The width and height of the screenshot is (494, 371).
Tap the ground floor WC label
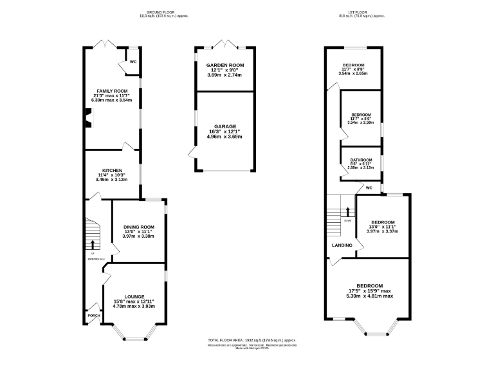(x=133, y=62)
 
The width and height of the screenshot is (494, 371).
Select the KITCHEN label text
(x=112, y=171)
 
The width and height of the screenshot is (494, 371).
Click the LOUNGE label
(x=134, y=297)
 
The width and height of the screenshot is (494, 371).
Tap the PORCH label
(x=94, y=316)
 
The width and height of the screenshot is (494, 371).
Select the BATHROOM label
(x=361, y=160)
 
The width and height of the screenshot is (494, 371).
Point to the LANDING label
(x=342, y=245)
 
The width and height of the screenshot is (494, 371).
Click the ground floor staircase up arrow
(x=94, y=244)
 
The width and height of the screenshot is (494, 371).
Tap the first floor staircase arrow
(x=347, y=211)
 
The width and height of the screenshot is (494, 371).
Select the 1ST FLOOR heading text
(x=361, y=12)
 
